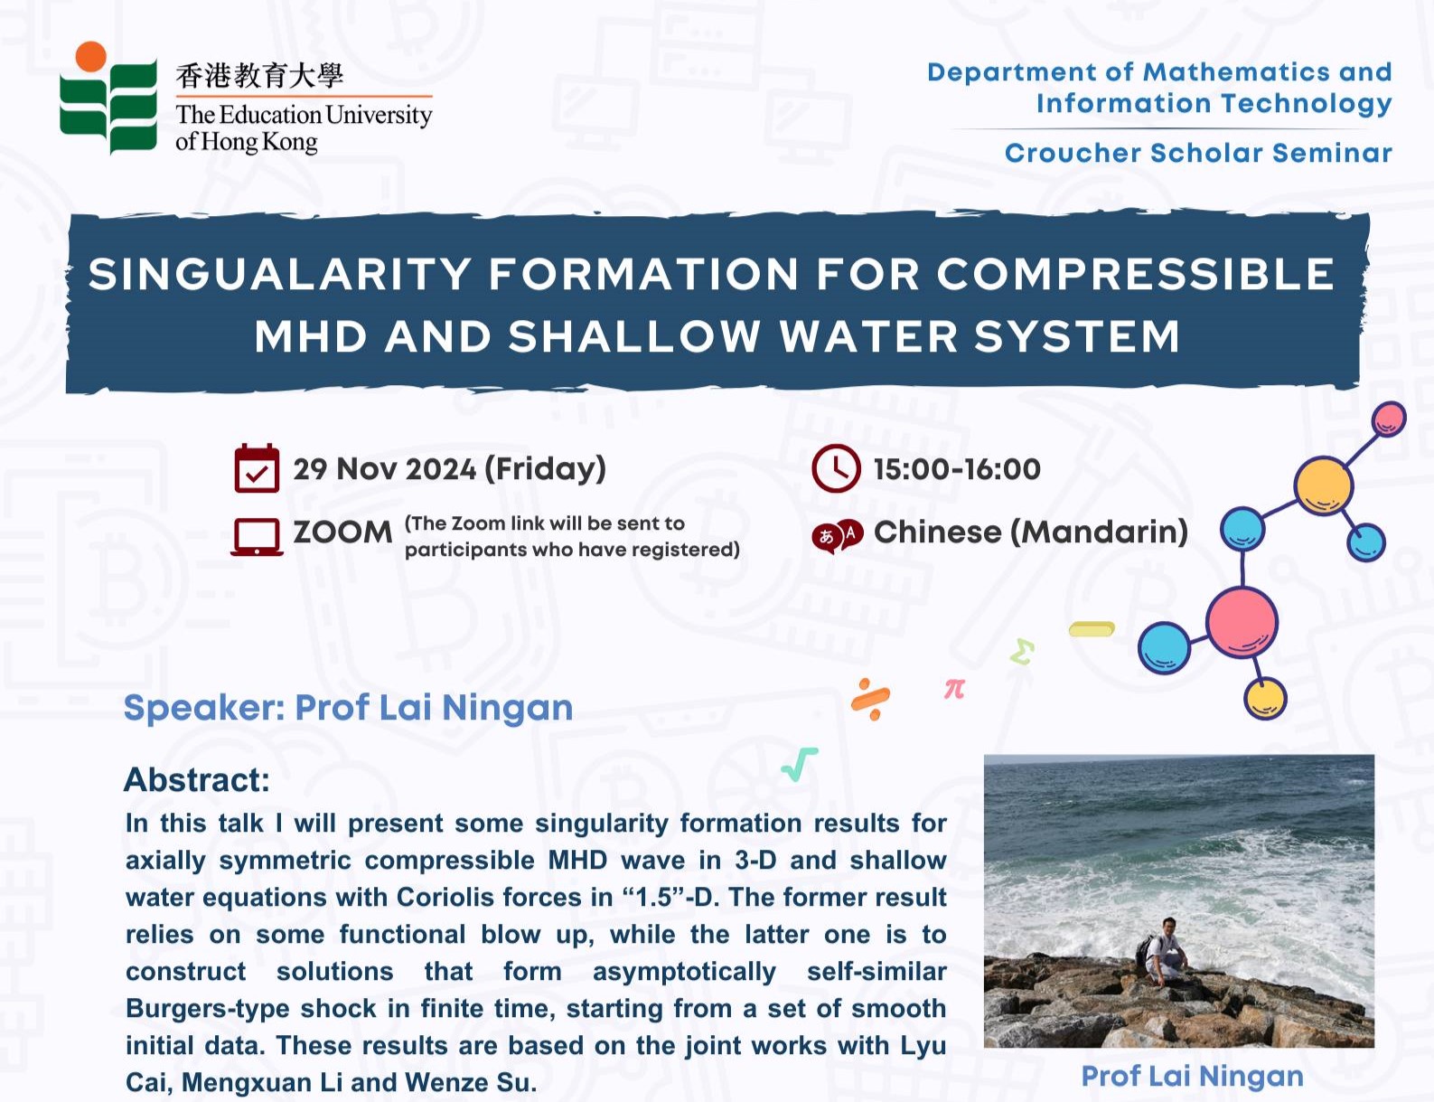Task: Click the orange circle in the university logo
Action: point(91,56)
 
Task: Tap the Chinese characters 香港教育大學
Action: point(259,76)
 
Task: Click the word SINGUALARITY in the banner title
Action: point(280,273)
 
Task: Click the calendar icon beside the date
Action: point(257,468)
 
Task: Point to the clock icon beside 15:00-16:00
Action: point(836,469)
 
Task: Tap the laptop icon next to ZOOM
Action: point(257,537)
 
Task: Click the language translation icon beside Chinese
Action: point(838,535)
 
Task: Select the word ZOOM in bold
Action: point(342,532)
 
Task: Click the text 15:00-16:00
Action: point(957,469)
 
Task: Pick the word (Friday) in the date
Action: point(545,469)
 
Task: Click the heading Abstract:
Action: point(197,779)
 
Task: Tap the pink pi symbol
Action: point(954,690)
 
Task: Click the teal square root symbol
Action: point(800,765)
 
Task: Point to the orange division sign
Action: point(871,699)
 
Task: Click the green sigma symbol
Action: point(1022,652)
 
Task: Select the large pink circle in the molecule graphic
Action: point(1242,623)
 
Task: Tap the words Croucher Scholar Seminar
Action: point(1198,153)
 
